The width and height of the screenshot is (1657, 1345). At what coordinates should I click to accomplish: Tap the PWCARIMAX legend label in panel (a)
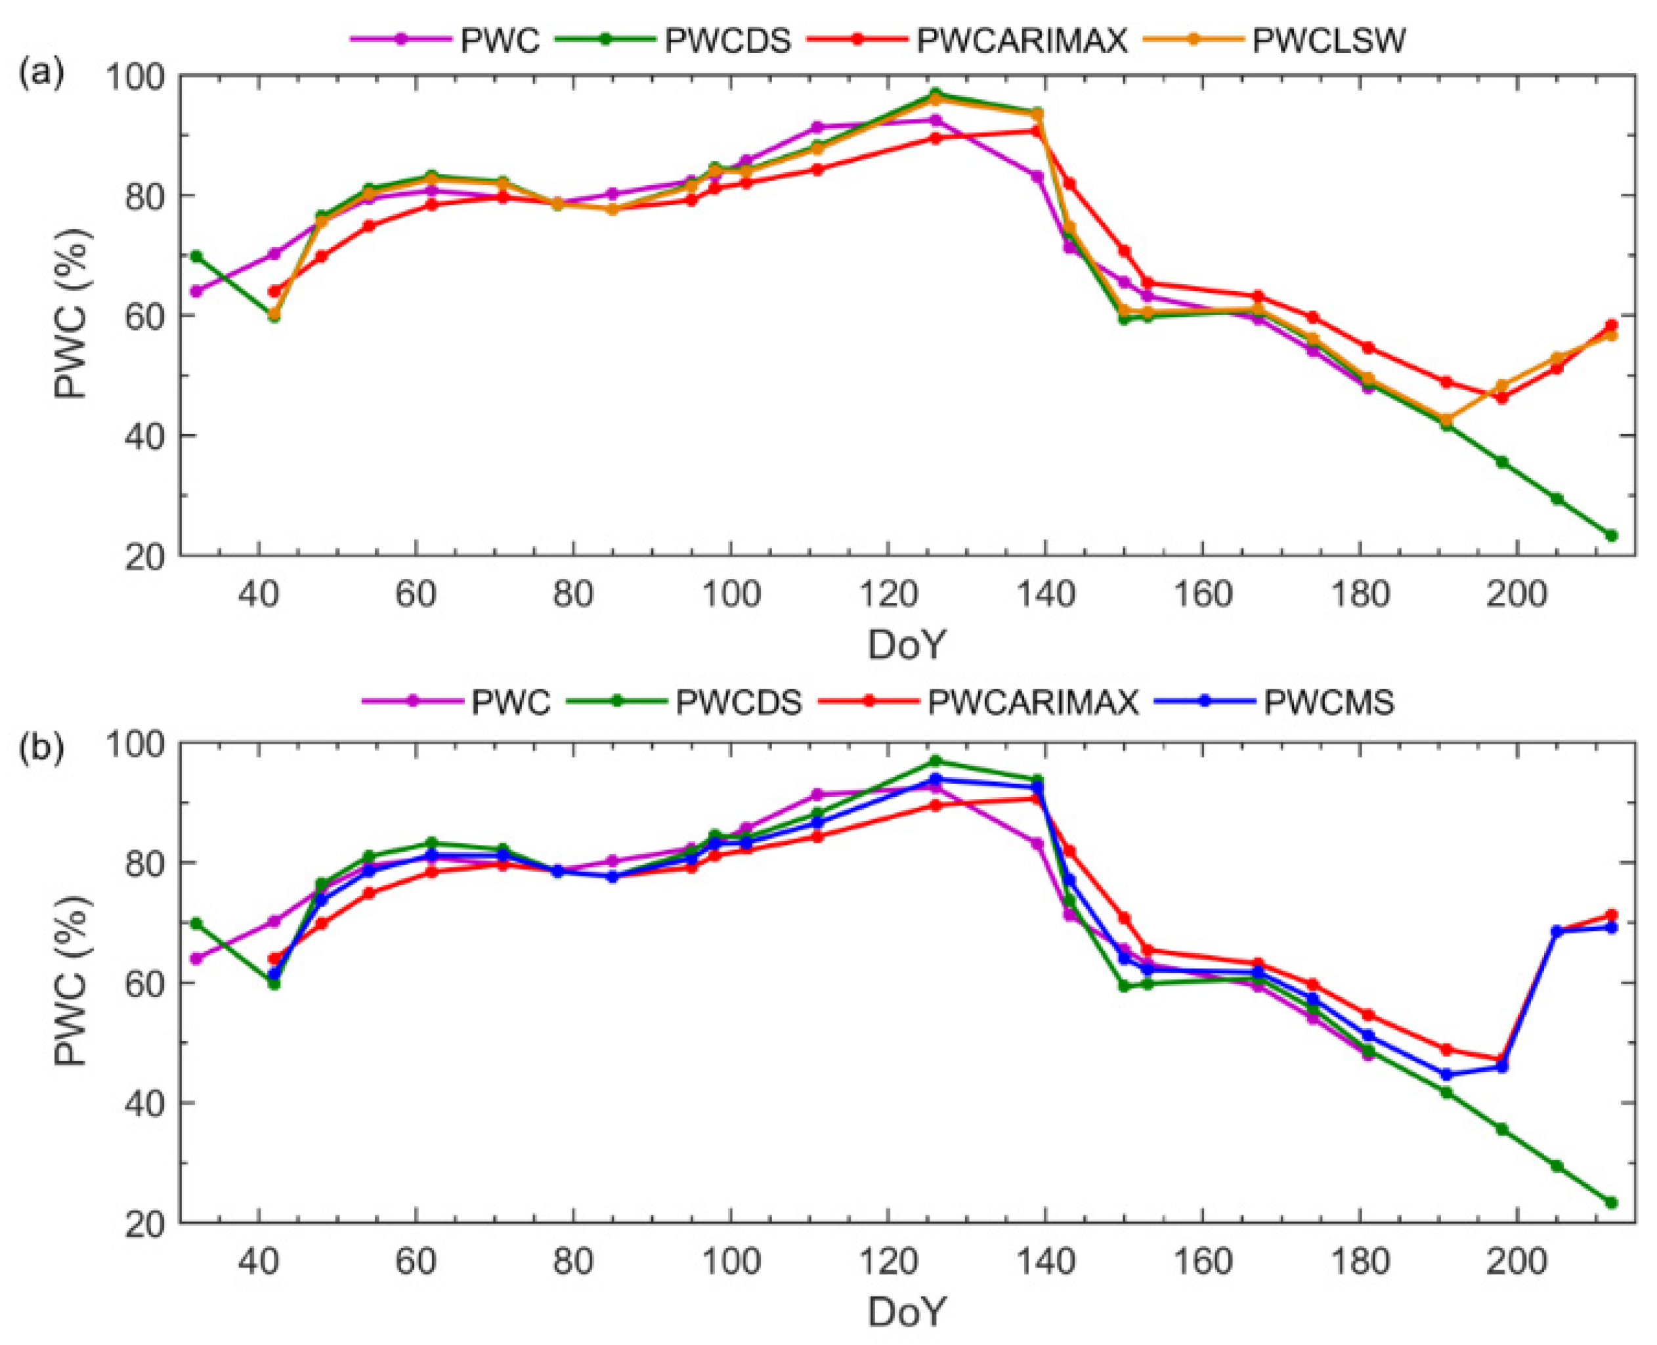[1022, 40]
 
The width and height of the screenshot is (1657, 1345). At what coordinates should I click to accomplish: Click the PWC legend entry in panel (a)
[500, 40]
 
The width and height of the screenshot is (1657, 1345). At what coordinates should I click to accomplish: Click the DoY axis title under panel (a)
[907, 645]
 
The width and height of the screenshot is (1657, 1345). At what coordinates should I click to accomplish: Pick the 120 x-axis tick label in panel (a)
[887, 595]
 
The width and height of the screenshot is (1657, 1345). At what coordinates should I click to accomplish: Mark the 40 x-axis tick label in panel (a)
[258, 595]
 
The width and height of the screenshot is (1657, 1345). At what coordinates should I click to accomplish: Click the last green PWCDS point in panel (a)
[1611, 536]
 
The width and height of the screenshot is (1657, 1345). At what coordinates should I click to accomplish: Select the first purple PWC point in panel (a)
[196, 291]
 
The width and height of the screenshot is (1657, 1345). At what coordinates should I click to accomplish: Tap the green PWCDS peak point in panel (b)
[935, 761]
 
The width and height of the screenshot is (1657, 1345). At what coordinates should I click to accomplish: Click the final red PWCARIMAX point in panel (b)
[1611, 915]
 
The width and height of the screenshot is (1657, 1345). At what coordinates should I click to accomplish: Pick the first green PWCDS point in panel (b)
[196, 924]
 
